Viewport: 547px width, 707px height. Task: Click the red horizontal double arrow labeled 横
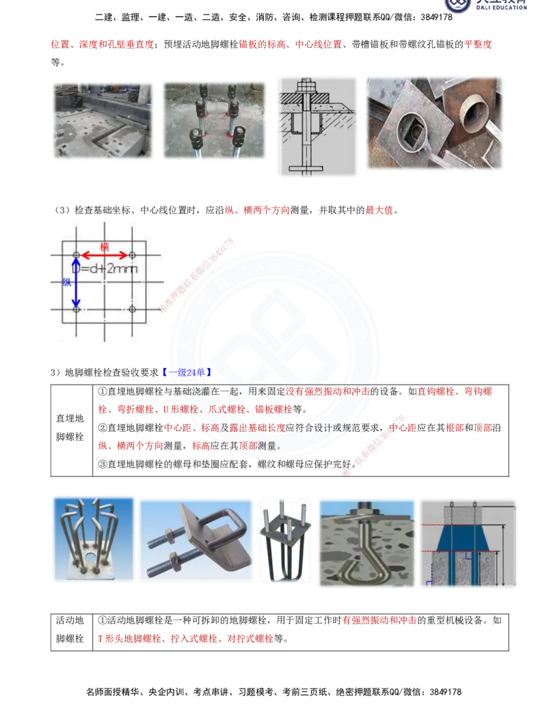pyautogui.click(x=103, y=255)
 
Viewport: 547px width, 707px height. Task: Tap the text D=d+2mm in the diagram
pyautogui.click(x=108, y=269)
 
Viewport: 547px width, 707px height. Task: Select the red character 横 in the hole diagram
pyautogui.click(x=105, y=246)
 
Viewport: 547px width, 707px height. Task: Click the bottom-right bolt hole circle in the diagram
pyautogui.click(x=131, y=309)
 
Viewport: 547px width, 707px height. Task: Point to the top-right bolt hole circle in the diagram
pyautogui.click(x=131, y=255)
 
